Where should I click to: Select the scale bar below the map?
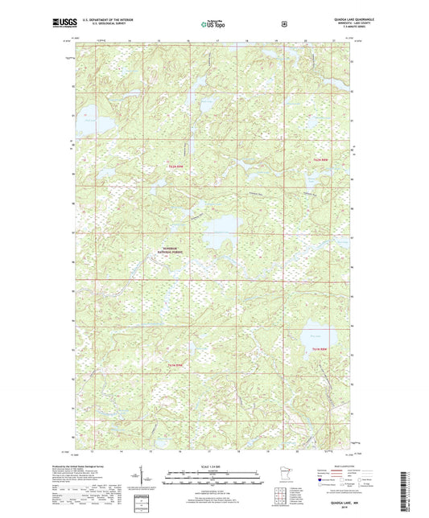click(213, 474)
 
